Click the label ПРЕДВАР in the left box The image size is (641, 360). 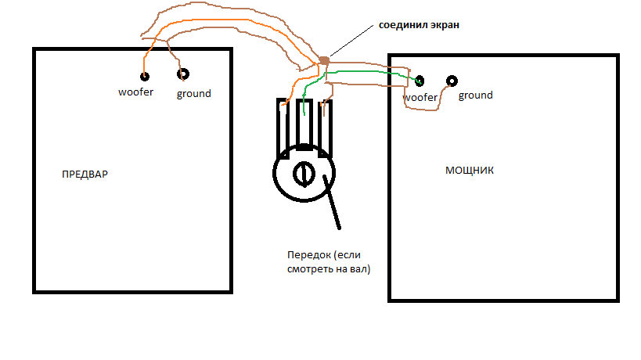click(x=84, y=174)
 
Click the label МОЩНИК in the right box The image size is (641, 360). click(x=470, y=170)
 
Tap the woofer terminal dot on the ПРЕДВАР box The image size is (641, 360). click(x=145, y=76)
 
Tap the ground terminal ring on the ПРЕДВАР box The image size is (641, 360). click(x=183, y=74)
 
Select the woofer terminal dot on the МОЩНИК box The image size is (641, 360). click(x=420, y=81)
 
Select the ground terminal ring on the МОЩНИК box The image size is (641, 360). click(x=452, y=81)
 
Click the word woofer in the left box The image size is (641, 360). click(x=135, y=93)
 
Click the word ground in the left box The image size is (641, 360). click(x=193, y=94)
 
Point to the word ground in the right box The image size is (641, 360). click(x=475, y=95)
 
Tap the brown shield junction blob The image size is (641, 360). click(x=324, y=59)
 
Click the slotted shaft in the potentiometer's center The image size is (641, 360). click(x=302, y=172)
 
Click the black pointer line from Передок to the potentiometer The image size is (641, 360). click(x=333, y=203)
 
